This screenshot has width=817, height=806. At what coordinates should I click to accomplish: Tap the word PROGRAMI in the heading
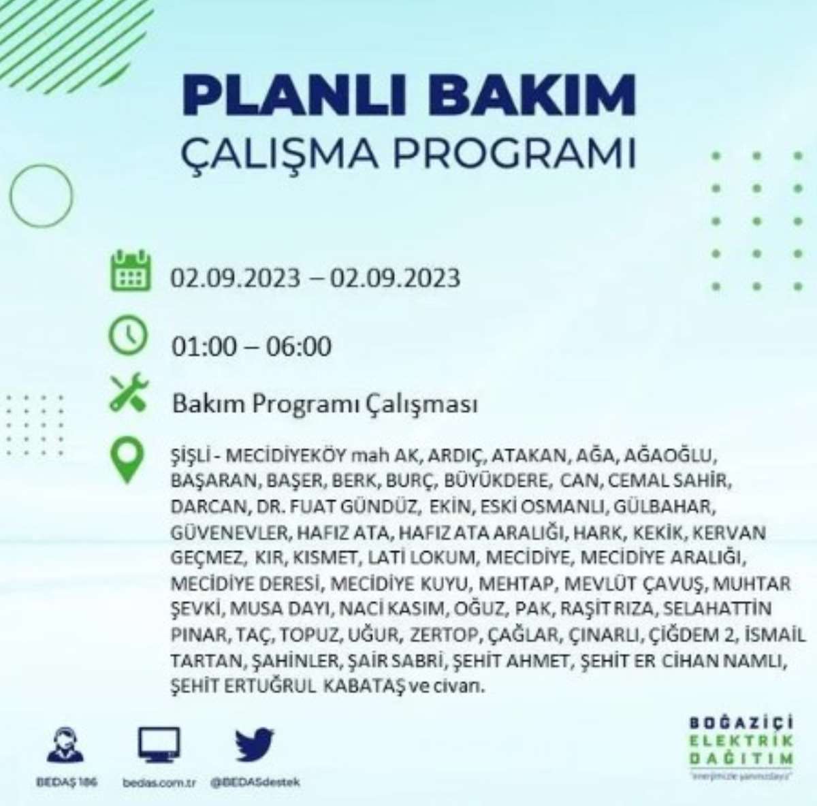coord(514,152)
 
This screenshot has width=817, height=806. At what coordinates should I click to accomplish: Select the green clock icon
coord(129,337)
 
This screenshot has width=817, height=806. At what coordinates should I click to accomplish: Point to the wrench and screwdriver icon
coord(129,392)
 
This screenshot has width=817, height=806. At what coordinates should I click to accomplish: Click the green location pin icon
coord(127,460)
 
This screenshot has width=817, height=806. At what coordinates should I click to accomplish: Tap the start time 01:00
coord(204,346)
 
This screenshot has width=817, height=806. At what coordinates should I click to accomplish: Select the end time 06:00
coord(298,346)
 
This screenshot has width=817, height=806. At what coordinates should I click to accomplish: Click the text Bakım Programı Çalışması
coord(325,404)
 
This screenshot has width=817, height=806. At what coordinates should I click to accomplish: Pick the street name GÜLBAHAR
coord(664,506)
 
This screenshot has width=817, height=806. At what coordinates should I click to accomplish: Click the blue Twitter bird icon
coord(255,744)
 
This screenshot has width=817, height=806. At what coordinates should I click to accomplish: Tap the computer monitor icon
coord(159,745)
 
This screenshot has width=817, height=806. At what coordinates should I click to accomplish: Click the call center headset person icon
coord(66,745)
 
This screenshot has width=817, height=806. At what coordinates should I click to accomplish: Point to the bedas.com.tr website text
coord(159,783)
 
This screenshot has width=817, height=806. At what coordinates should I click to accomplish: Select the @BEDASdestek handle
coord(255,782)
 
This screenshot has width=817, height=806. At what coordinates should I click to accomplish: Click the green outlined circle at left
coord(10,196)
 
